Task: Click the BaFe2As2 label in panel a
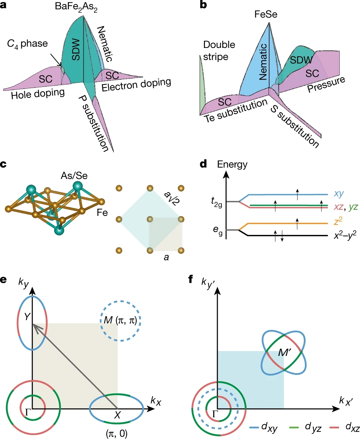(x=76, y=7)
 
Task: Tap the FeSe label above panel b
(x=266, y=14)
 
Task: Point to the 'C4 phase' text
(x=28, y=44)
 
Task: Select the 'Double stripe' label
(x=219, y=50)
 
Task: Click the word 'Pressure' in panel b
(x=326, y=84)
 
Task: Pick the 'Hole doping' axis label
(x=38, y=94)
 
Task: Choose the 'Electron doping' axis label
(x=136, y=84)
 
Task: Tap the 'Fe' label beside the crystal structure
(x=102, y=212)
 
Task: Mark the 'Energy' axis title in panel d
(x=232, y=164)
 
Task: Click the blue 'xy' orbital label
(x=339, y=193)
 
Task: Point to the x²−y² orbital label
(x=344, y=235)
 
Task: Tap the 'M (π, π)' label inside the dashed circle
(x=121, y=320)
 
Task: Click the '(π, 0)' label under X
(x=116, y=433)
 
